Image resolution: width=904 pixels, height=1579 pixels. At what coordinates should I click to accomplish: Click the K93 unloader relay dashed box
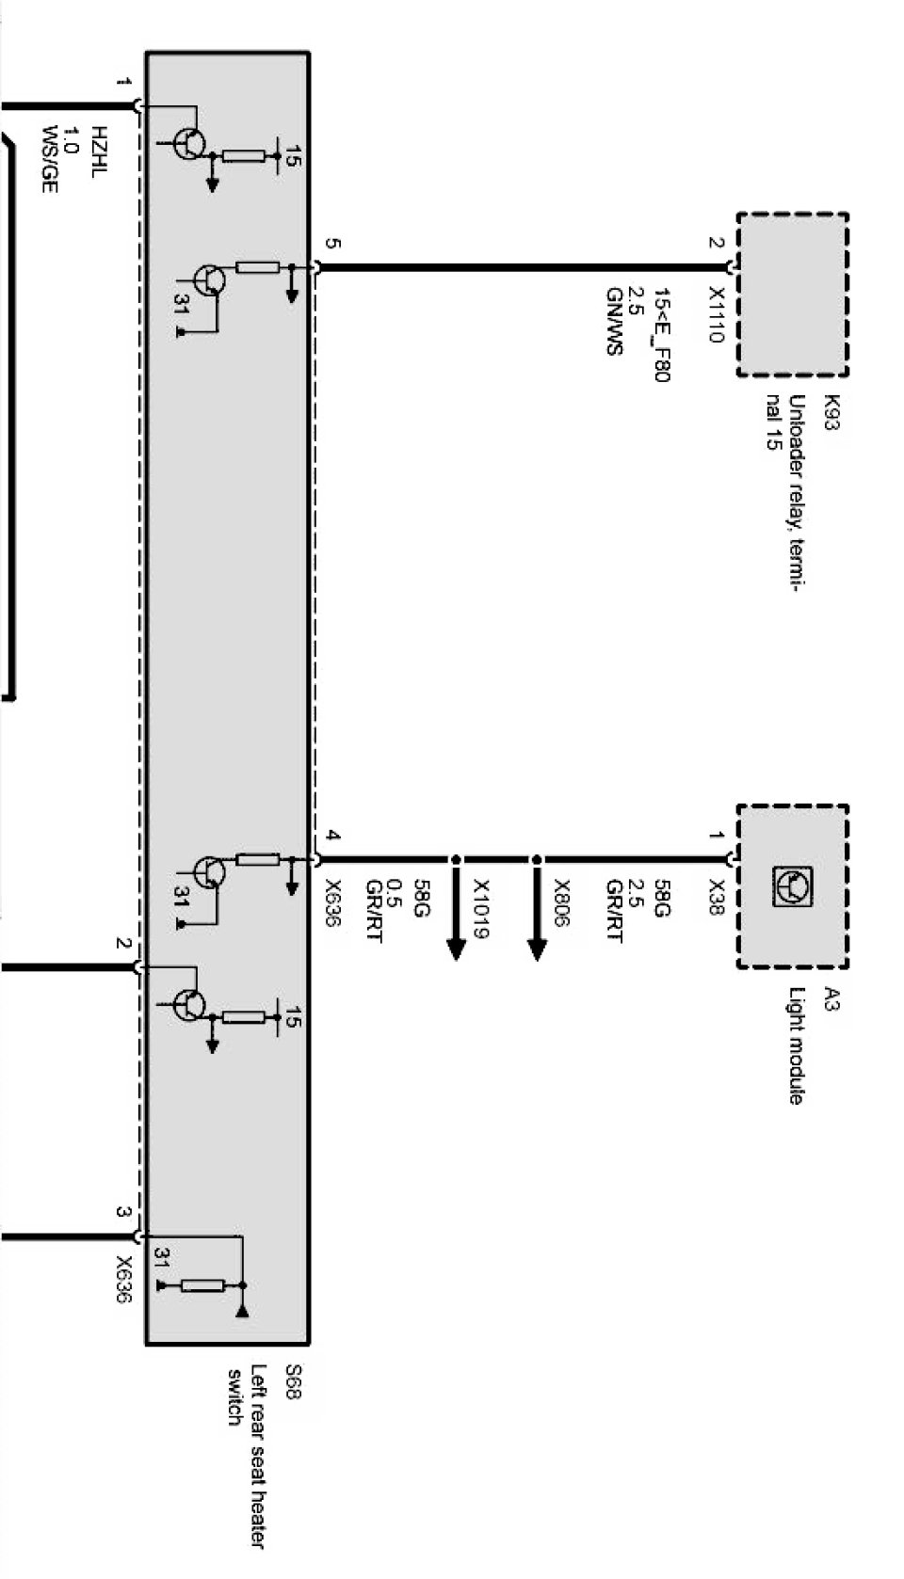click(x=792, y=295)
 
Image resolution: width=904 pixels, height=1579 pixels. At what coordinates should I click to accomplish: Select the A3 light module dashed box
click(x=792, y=885)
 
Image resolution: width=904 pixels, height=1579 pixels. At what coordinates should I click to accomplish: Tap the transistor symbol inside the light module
click(x=792, y=885)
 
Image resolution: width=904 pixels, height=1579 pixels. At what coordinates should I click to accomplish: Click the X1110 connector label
click(x=716, y=314)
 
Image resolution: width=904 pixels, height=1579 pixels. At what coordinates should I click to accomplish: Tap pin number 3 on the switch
click(x=122, y=1212)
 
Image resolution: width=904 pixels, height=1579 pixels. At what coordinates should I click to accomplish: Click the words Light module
click(x=796, y=1045)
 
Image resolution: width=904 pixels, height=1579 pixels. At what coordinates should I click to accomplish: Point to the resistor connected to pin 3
click(x=202, y=1285)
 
